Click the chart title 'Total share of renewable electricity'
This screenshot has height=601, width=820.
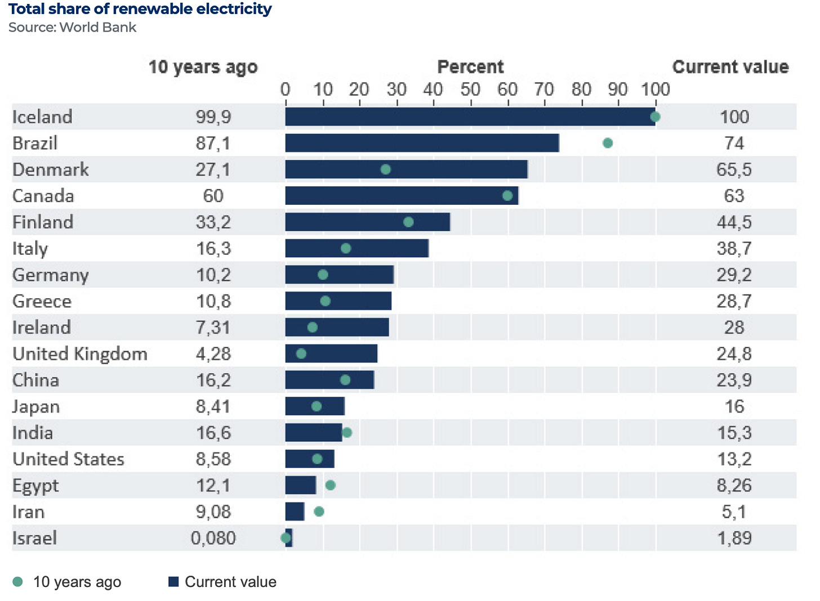click(x=140, y=9)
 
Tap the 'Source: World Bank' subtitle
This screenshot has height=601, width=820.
click(x=72, y=28)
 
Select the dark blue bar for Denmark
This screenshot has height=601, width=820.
click(x=406, y=169)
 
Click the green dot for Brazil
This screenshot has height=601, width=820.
click(x=607, y=143)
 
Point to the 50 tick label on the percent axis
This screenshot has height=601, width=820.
click(x=470, y=89)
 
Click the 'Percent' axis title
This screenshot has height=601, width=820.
click(x=470, y=67)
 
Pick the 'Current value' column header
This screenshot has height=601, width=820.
click(x=730, y=67)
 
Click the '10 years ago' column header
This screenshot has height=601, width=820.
click(x=203, y=67)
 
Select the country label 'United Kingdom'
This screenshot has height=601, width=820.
click(x=80, y=354)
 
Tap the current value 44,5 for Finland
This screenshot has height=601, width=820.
click(x=734, y=222)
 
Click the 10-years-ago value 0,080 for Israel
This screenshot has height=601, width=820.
click(x=213, y=538)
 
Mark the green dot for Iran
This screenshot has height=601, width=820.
click(x=319, y=512)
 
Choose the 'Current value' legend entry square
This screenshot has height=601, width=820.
click(x=173, y=582)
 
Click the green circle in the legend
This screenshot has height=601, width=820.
click(x=18, y=582)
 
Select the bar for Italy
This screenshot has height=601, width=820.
click(x=356, y=248)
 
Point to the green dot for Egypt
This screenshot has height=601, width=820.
click(x=331, y=485)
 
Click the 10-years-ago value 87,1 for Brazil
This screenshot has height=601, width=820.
click(x=213, y=143)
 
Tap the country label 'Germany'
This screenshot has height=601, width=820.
click(x=51, y=275)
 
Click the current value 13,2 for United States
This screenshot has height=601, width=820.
click(x=734, y=459)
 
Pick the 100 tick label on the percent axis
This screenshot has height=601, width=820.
click(x=656, y=89)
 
